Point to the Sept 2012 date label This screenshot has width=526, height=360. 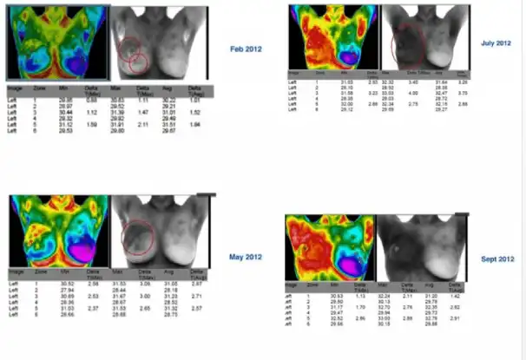tap(496, 259)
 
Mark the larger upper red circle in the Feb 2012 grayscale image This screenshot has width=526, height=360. tap(133, 51)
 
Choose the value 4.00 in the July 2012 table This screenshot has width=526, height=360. tap(414, 91)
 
